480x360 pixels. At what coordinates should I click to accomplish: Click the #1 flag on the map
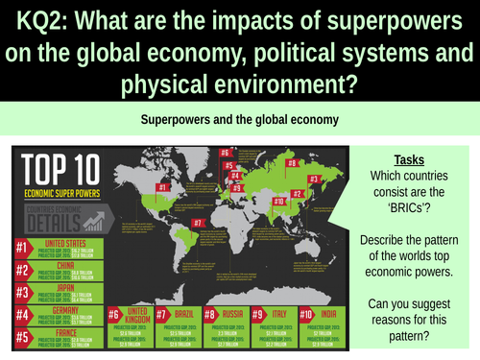pyautogui.click(x=164, y=187)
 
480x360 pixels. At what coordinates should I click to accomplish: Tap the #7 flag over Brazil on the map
pyautogui.click(x=198, y=224)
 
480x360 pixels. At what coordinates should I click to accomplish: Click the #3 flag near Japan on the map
pyautogui.click(x=314, y=180)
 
